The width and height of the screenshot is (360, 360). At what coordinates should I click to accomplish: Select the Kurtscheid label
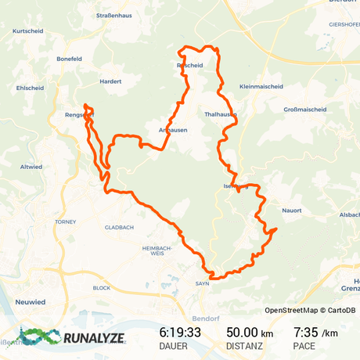(x=27, y=31)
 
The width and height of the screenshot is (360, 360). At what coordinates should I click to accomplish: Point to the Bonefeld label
(x=70, y=59)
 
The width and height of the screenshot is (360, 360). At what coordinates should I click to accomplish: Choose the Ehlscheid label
(x=30, y=88)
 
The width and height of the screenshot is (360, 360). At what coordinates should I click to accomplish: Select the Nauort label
(x=290, y=210)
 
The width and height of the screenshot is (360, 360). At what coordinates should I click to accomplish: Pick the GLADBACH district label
(x=120, y=227)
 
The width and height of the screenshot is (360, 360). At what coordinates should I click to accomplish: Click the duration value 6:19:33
(x=180, y=333)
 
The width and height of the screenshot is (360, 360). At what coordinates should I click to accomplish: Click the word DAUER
(x=173, y=347)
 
